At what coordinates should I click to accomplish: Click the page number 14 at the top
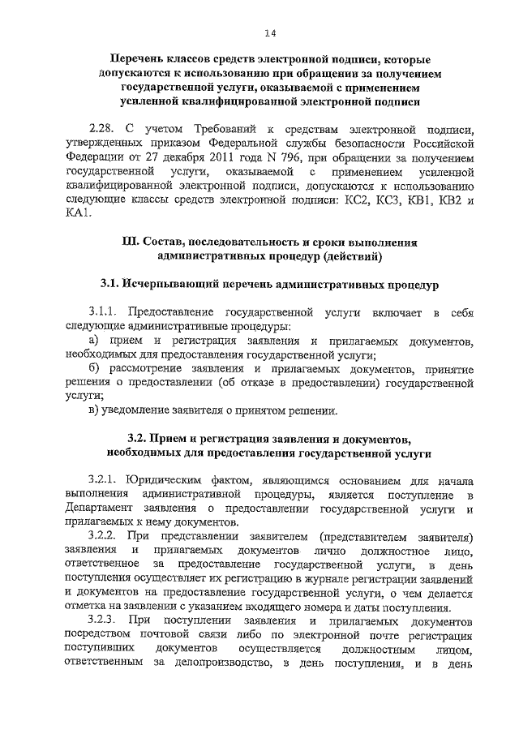270,32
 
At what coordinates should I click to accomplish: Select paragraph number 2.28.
102,128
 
